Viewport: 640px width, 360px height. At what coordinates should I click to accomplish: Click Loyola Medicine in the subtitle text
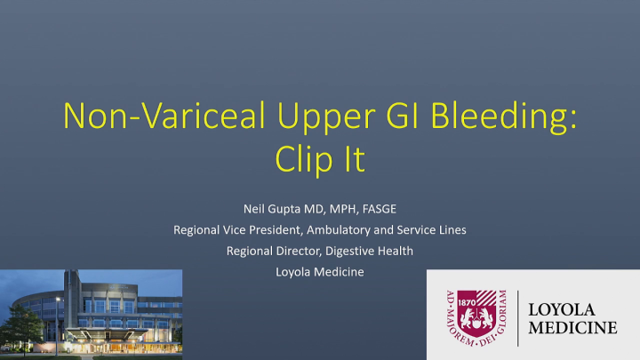320,272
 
